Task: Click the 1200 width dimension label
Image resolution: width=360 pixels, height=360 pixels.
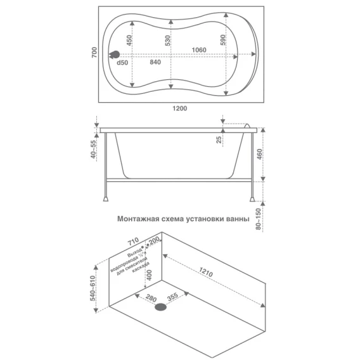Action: pyautogui.click(x=180, y=108)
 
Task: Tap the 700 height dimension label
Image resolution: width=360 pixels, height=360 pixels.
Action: pyautogui.click(x=94, y=53)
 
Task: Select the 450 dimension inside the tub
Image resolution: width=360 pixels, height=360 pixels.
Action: pyautogui.click(x=129, y=40)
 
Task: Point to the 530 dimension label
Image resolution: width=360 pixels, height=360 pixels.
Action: pyautogui.click(x=167, y=41)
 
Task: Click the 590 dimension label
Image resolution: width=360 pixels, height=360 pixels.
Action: pyautogui.click(x=222, y=40)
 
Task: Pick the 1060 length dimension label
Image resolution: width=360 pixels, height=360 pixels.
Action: pyautogui.click(x=199, y=49)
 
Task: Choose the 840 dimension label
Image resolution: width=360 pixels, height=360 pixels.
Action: pyautogui.click(x=155, y=62)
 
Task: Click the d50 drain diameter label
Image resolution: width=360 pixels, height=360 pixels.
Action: pyautogui.click(x=122, y=63)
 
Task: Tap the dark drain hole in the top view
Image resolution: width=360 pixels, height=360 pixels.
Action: pyautogui.click(x=115, y=55)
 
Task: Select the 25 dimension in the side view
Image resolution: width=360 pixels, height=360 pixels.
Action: pyautogui.click(x=219, y=139)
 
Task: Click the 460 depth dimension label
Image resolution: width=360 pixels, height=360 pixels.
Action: pyautogui.click(x=259, y=155)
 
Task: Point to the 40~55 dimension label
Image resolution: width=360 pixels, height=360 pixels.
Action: pyautogui.click(x=94, y=150)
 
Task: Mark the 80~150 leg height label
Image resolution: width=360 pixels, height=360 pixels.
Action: pyautogui.click(x=259, y=219)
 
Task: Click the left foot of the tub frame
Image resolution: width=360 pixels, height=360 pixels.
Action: pyautogui.click(x=106, y=198)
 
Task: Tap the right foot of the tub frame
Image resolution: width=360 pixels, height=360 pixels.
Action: pyautogui.click(x=252, y=198)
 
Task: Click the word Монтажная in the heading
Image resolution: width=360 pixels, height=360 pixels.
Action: pyautogui.click(x=138, y=219)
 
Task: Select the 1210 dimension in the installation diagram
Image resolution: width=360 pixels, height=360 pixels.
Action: pyautogui.click(x=206, y=272)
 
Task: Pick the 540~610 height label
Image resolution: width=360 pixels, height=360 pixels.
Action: pyautogui.click(x=93, y=288)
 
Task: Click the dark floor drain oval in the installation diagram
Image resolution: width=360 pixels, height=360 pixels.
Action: pyautogui.click(x=160, y=307)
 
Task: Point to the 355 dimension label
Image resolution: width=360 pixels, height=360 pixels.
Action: pyautogui.click(x=172, y=297)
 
